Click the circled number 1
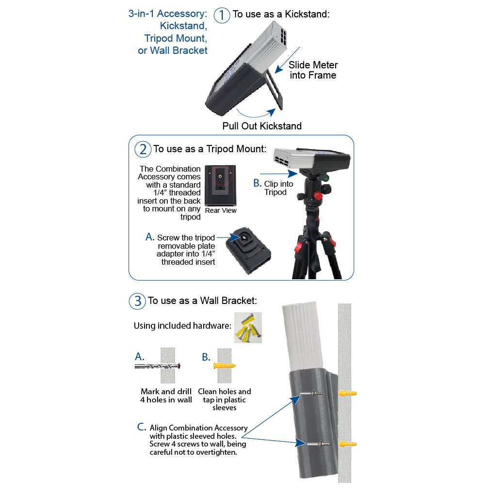pyautogui.click(x=222, y=15)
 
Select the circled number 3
pyautogui.click(x=137, y=301)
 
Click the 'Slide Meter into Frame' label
pyautogui.click(x=313, y=70)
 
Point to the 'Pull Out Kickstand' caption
pyautogui.click(x=262, y=126)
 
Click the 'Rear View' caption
pyautogui.click(x=221, y=210)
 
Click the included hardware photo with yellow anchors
pyautogui.click(x=248, y=328)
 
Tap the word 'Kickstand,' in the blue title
pyautogui.click(x=183, y=26)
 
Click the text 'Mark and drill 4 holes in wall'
pyautogui.click(x=166, y=396)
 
